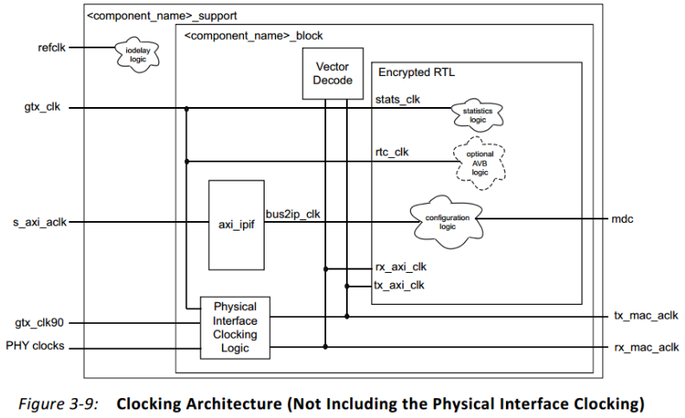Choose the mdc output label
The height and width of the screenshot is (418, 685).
[623, 219]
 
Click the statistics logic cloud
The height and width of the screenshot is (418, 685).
[476, 113]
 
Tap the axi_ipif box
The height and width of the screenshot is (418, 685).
[236, 224]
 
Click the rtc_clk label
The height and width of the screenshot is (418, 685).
[392, 152]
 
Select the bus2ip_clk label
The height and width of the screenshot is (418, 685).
[294, 213]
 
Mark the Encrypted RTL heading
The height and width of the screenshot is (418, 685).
[415, 73]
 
